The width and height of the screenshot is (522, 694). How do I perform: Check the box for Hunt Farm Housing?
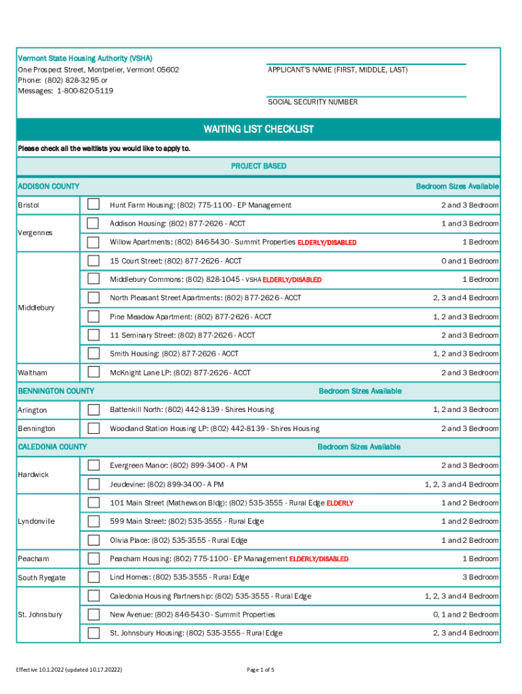click(x=93, y=205)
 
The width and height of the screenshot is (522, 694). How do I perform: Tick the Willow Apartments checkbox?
click(x=93, y=242)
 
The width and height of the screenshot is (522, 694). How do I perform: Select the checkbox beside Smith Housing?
click(x=93, y=354)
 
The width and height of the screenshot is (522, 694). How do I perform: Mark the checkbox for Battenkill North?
click(x=93, y=409)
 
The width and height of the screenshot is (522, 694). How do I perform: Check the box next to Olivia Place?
click(x=93, y=540)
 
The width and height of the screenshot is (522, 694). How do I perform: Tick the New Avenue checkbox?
click(x=93, y=615)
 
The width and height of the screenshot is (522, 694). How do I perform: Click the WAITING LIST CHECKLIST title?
click(x=258, y=129)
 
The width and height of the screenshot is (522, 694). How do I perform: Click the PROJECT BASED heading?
click(x=258, y=166)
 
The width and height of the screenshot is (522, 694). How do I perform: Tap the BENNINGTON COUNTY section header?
click(x=56, y=391)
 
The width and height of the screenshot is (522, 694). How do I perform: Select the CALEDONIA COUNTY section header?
click(x=52, y=447)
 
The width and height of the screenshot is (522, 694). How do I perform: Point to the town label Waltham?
click(x=33, y=373)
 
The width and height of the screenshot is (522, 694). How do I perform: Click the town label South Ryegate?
click(x=41, y=577)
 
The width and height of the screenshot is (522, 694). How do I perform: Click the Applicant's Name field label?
click(x=338, y=70)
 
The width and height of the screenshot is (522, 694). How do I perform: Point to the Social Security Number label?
click(x=313, y=102)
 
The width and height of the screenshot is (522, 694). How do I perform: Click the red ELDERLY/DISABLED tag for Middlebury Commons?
click(x=292, y=280)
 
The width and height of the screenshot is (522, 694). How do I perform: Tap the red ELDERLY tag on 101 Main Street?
click(x=340, y=504)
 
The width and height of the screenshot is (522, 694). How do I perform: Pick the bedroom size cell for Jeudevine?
click(x=461, y=485)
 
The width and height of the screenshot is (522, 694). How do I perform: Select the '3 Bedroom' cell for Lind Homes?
click(x=480, y=577)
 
